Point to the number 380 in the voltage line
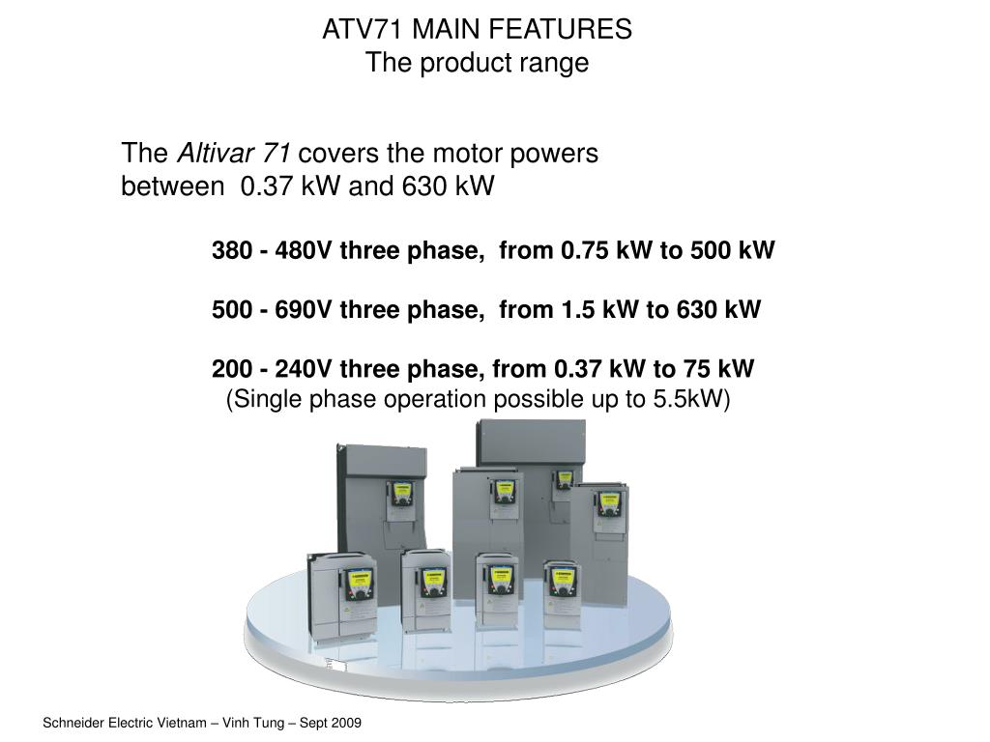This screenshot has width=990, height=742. point(231,251)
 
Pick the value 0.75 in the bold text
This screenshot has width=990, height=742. point(581,251)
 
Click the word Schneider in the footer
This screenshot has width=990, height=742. point(74,724)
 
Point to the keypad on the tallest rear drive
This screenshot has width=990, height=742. point(563,479)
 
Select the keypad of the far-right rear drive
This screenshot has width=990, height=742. point(607,503)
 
